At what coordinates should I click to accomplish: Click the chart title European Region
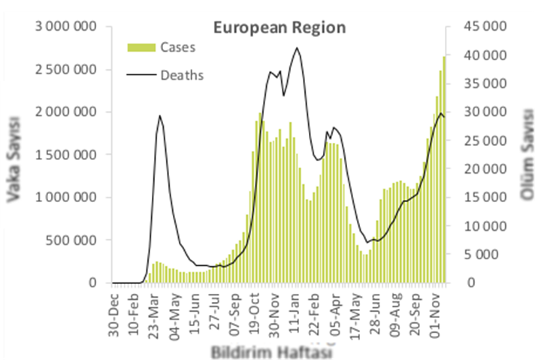280,28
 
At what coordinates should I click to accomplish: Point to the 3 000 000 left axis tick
66,27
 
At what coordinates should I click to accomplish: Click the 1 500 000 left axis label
66,155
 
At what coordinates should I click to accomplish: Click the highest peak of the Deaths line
297,48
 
